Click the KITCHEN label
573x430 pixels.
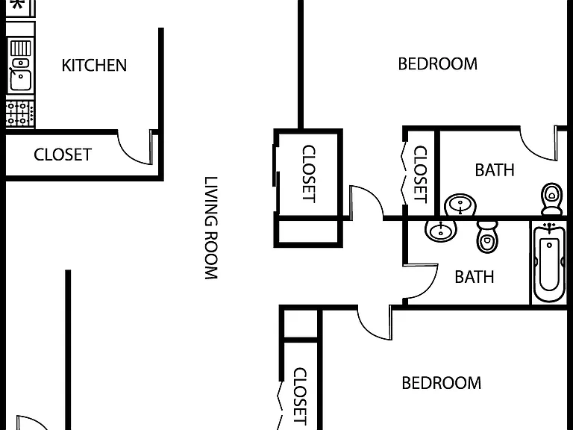(x=94, y=66)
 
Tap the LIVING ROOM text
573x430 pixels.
(x=211, y=228)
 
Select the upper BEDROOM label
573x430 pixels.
(x=437, y=64)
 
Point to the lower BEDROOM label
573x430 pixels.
(x=442, y=383)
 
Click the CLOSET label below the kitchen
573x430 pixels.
(x=63, y=155)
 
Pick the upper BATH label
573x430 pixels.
(x=495, y=170)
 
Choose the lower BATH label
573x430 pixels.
(x=475, y=277)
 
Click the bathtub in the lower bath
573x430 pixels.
(x=549, y=262)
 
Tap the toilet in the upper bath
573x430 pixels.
(x=552, y=199)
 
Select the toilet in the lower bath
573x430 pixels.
(x=487, y=237)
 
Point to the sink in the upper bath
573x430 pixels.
(x=460, y=205)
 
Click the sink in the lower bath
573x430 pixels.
(x=441, y=231)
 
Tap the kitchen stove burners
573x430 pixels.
(x=20, y=113)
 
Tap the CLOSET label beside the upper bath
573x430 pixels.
(x=420, y=174)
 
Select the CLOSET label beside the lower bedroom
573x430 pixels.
(x=300, y=396)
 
